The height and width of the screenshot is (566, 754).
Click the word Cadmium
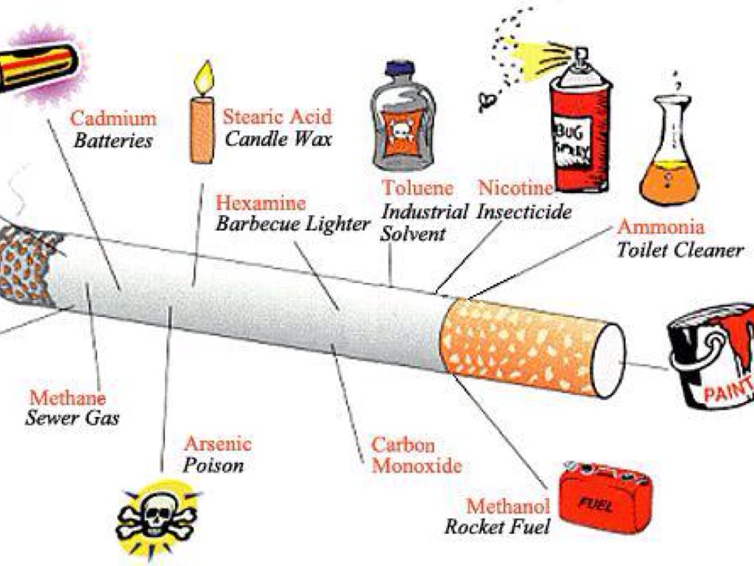pyautogui.click(x=113, y=118)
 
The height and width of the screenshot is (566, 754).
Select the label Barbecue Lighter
pyautogui.click(x=292, y=224)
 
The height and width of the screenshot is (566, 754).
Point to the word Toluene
pyautogui.click(x=417, y=188)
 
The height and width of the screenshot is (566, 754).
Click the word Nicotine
pyautogui.click(x=515, y=188)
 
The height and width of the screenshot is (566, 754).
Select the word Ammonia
pyautogui.click(x=660, y=226)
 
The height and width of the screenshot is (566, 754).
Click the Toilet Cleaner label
pyautogui.click(x=680, y=250)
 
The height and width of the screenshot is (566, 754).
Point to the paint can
pyautogui.click(x=711, y=357)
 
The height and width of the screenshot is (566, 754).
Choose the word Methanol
pyautogui.click(x=508, y=506)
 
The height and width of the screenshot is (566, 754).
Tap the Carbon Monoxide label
pyautogui.click(x=415, y=455)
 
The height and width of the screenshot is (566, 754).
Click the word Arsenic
pyautogui.click(x=217, y=444)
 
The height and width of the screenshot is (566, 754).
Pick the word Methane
pyautogui.click(x=68, y=398)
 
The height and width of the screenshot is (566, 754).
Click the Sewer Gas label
pyautogui.click(x=72, y=419)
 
